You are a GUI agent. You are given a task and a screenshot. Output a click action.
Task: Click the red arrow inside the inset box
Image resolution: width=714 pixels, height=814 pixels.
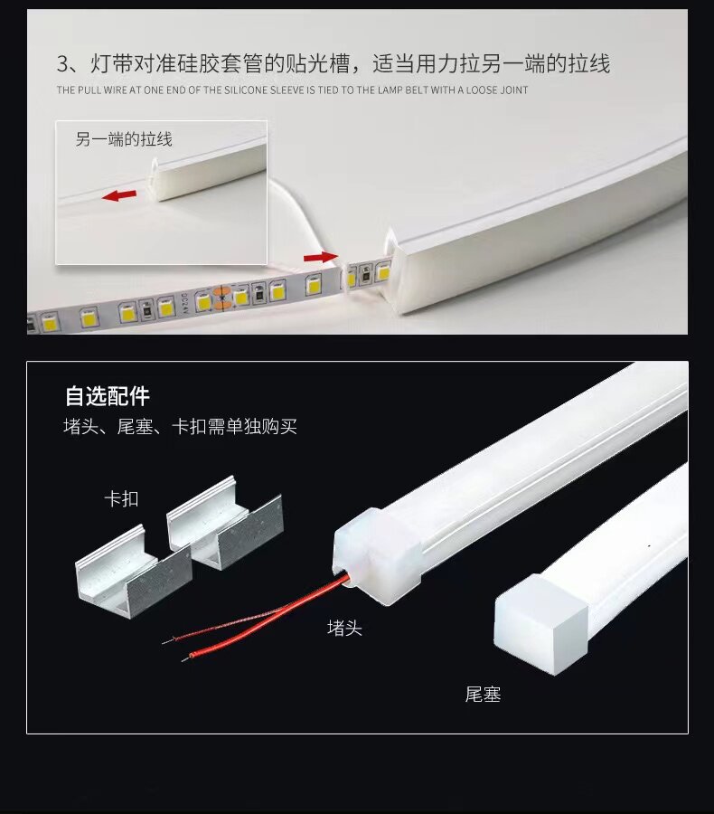119,195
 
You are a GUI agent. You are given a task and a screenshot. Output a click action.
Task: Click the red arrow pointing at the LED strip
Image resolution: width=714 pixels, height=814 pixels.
321,257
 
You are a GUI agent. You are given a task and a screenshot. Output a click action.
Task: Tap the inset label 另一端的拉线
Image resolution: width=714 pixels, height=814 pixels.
124,139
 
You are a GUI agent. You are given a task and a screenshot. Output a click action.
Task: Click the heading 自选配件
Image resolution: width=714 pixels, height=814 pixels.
108,396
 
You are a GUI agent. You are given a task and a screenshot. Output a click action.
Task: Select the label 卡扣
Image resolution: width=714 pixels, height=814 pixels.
121,499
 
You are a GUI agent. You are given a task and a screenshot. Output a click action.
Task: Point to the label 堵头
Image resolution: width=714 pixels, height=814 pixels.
344,629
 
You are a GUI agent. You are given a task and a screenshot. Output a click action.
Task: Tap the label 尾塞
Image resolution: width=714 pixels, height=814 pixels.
483,695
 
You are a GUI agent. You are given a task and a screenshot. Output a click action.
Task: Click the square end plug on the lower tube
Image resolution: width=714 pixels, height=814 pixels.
541,624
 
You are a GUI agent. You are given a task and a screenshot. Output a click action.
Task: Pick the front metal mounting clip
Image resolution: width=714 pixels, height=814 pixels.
134,570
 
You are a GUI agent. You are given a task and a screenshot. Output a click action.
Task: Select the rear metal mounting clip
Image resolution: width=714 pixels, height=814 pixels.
225,521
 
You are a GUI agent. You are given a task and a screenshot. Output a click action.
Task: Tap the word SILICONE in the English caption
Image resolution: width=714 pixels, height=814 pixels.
247,90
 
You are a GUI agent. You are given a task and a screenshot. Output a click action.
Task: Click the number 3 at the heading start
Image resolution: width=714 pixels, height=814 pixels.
62,64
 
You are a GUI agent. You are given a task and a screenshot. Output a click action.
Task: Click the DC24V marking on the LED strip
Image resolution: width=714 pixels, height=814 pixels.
185,304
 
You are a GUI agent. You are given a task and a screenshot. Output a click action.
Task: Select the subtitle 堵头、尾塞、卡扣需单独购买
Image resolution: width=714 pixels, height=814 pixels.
180,427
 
